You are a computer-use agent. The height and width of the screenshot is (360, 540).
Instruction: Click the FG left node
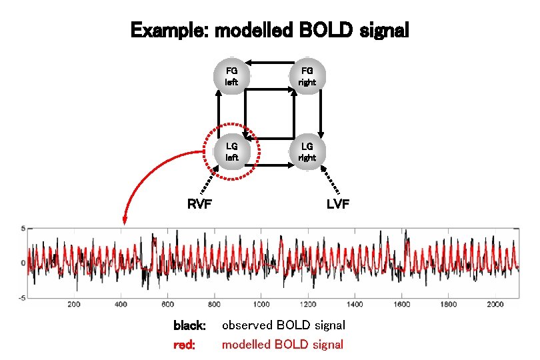click(231, 75)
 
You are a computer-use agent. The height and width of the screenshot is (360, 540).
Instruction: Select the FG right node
click(307, 75)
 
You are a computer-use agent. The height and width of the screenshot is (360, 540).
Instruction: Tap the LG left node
click(231, 151)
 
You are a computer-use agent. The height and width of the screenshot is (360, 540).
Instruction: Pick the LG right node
click(307, 151)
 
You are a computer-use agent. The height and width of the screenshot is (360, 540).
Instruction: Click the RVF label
click(199, 204)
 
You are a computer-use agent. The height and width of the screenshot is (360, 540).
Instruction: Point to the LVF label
click(338, 204)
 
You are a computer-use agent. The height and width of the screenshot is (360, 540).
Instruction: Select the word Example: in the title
click(169, 31)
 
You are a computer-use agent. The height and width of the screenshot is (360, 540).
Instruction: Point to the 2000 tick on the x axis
click(495, 304)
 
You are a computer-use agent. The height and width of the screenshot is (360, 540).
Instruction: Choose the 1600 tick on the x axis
click(402, 304)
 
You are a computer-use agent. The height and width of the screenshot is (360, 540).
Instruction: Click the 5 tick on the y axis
click(23, 229)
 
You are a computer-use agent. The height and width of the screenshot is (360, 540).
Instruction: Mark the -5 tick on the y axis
click(21, 297)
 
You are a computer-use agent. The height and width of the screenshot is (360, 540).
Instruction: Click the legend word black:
click(189, 326)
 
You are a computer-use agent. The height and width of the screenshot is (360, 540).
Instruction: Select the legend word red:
click(184, 345)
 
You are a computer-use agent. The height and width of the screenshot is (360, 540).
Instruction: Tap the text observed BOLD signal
click(283, 326)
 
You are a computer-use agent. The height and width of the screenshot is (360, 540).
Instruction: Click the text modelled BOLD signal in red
click(283, 345)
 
